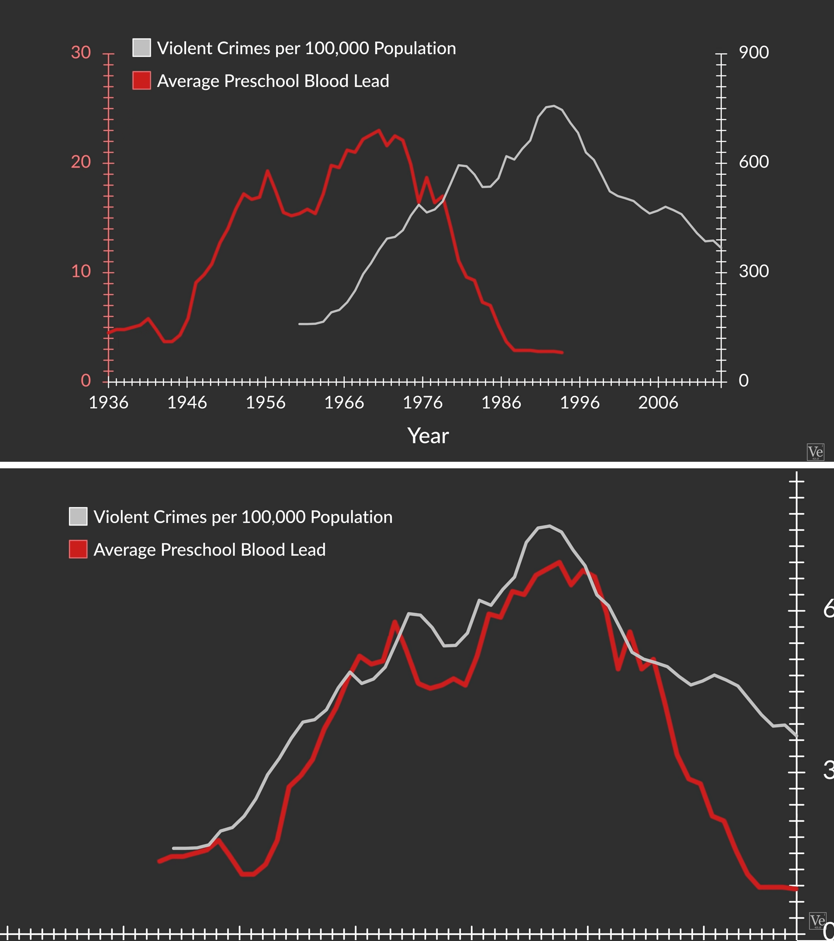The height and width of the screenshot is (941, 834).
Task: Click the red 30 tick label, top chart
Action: [81, 52]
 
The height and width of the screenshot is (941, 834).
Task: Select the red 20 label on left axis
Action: [81, 162]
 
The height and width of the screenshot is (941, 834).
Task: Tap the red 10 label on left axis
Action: [81, 271]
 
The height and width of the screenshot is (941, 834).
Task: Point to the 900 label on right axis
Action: [754, 52]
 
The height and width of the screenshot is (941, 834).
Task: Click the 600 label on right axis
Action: [754, 162]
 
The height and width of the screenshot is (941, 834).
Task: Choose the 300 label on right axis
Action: [754, 271]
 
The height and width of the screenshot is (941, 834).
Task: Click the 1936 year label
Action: [109, 403]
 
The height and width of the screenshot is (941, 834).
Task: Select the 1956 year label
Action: [266, 403]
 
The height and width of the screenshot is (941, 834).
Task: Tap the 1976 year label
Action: [422, 403]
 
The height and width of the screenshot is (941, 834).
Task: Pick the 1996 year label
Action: [579, 403]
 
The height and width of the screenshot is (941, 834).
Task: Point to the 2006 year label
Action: [658, 403]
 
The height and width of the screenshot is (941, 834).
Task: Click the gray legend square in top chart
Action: [142, 48]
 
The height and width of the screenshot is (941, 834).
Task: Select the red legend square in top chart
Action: [142, 80]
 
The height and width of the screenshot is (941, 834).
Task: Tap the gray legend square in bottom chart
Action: [78, 516]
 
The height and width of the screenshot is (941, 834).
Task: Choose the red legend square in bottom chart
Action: [78, 549]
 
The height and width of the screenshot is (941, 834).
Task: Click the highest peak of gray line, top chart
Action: [554, 106]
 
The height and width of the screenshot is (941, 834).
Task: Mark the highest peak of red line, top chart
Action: [379, 130]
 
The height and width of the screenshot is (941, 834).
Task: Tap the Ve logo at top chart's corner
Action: [815, 452]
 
